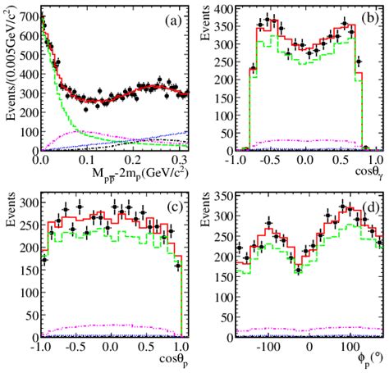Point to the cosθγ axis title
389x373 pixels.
click(368, 174)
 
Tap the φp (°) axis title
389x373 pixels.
click(367, 360)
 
